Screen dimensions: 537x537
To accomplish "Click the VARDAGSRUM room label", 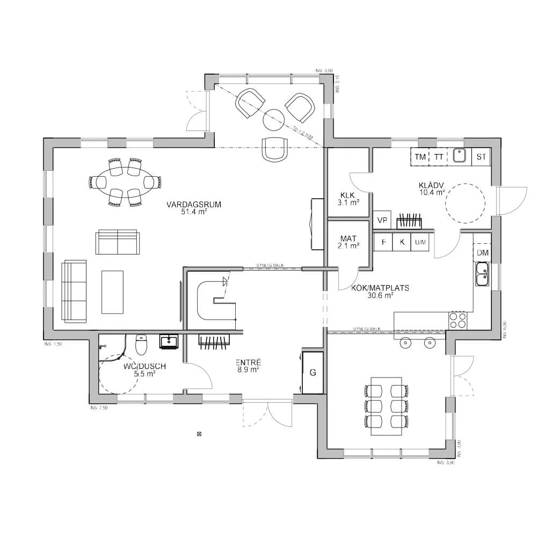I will point(186,208).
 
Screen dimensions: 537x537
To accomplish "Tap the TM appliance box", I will point(420,157).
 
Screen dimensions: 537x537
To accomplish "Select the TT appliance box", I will point(439,157).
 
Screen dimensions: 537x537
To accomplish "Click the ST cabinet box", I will point(481,157).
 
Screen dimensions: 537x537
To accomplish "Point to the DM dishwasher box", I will point(482,252).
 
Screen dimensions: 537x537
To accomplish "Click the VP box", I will point(382,220).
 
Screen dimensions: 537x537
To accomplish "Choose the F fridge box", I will point(383,242).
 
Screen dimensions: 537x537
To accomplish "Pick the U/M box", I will point(420,242).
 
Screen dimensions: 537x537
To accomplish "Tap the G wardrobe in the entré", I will point(313,373).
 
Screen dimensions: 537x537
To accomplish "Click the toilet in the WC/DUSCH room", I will point(141,345).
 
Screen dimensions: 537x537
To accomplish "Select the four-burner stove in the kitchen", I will point(458,321).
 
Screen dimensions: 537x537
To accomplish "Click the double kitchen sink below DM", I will point(482,274).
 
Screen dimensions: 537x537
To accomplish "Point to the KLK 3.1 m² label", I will point(349,199).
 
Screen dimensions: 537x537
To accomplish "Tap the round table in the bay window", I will point(274,119).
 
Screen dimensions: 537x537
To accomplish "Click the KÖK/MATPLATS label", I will point(380,291).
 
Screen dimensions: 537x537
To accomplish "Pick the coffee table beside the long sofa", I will point(112,292).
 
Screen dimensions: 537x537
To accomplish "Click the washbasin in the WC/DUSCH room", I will point(170,342).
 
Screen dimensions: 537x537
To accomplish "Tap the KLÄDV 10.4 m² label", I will point(432,188).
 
